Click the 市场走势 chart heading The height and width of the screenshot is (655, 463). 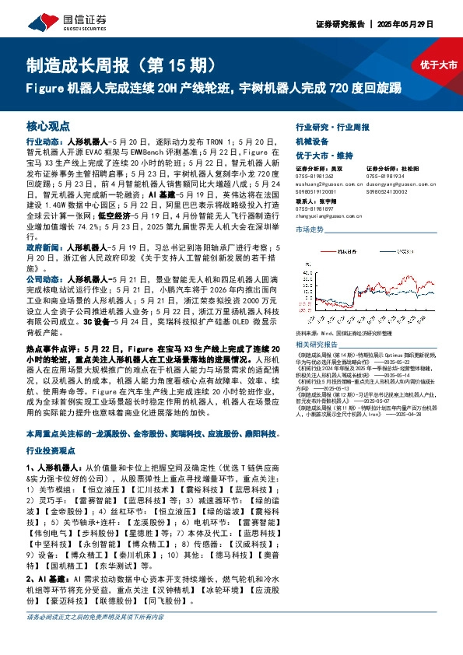click(x=310, y=230)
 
